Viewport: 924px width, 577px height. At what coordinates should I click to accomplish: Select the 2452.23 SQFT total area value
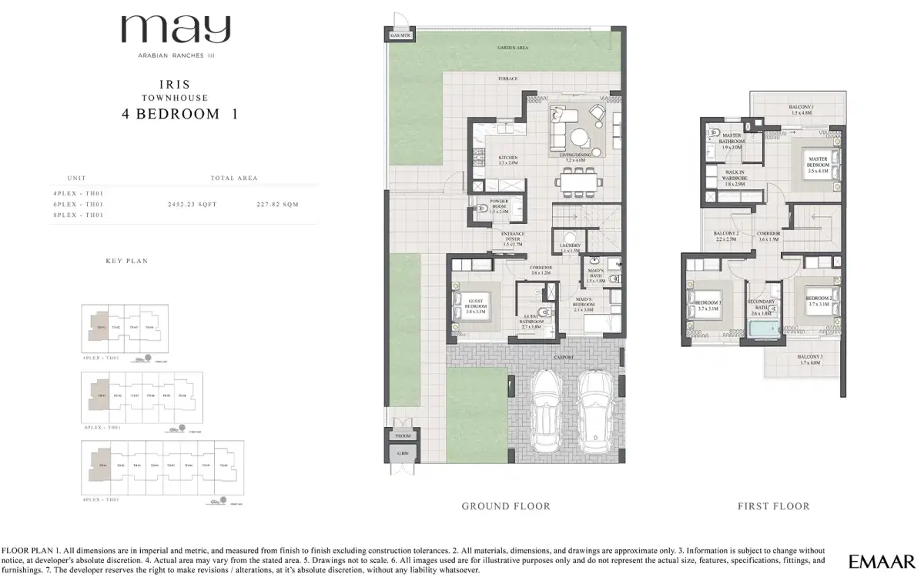click(x=192, y=205)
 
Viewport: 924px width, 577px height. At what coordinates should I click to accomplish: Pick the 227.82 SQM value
click(x=277, y=205)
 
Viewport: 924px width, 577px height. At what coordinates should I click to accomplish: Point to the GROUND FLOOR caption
click(x=506, y=506)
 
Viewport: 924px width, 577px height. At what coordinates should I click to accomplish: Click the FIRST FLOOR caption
click(x=773, y=506)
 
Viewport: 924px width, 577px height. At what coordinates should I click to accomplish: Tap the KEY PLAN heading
click(x=126, y=262)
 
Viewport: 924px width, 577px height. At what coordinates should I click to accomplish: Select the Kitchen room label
click(x=508, y=160)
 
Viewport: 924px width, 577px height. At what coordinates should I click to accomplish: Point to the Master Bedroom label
click(x=818, y=162)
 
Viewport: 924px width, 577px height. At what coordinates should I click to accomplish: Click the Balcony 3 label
click(x=810, y=360)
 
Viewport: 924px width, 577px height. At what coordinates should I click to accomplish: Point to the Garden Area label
click(x=512, y=48)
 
